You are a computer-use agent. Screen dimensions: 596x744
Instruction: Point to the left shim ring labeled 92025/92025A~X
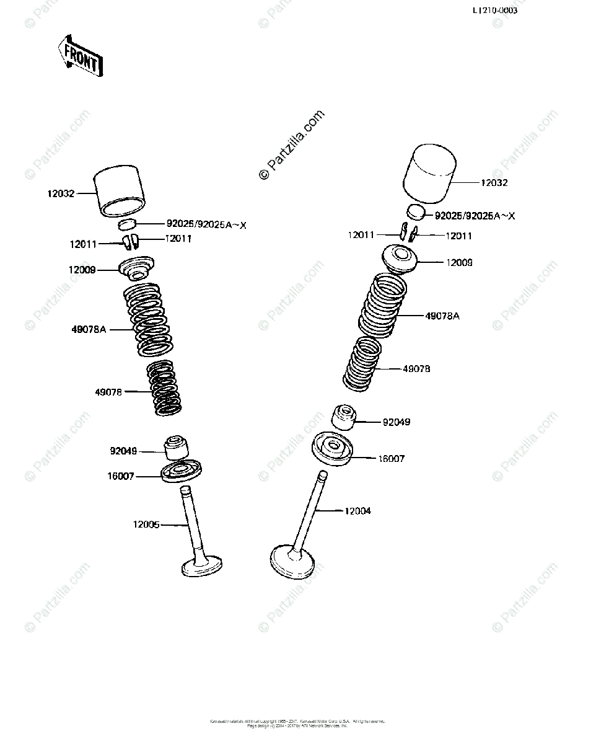point(128,224)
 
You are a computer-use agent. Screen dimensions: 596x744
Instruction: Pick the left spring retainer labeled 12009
point(135,267)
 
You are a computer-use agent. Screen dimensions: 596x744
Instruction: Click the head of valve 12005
point(203,565)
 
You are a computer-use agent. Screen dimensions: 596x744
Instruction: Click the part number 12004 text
point(357,511)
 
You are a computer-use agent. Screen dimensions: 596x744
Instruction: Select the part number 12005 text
point(146,525)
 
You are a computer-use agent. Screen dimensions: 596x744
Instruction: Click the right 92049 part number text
point(397,422)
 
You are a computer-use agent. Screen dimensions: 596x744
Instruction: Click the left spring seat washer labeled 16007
point(182,471)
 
